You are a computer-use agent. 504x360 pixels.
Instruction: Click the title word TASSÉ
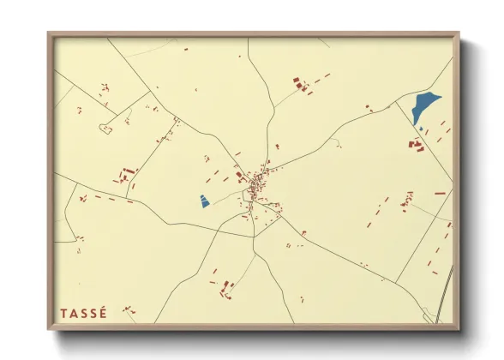tap(84, 313)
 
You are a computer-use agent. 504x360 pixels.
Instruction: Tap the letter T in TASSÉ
tap(64, 313)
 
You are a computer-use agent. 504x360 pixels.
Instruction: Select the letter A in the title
tap(75, 313)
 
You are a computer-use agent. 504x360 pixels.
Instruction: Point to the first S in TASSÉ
tap(85, 313)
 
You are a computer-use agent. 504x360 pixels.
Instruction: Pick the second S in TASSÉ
tap(94, 313)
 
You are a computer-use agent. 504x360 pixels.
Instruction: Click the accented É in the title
tap(104, 312)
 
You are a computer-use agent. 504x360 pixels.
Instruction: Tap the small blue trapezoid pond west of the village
tap(205, 201)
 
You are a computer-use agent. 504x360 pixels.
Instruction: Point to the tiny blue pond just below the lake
tap(421, 129)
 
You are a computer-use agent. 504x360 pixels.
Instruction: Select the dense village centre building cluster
tap(256, 184)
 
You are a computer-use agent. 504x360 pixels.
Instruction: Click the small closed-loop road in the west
tap(106, 129)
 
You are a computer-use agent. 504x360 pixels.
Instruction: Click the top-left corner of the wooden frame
tap(49, 34)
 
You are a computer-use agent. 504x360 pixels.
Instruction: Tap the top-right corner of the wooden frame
tap(459, 34)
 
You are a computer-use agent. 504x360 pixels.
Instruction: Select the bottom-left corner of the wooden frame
tap(49, 329)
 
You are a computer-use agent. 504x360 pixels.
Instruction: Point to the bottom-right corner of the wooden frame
tap(459, 329)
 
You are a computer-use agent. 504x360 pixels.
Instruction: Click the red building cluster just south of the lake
tap(417, 145)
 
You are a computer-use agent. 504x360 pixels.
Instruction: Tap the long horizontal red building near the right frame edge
tap(440, 194)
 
